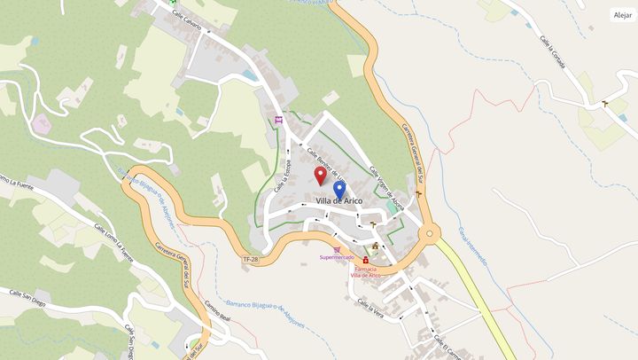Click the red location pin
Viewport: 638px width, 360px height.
[321, 174]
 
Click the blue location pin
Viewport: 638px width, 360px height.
[339, 190]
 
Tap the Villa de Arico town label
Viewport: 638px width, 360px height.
[339, 201]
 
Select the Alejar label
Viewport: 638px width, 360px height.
[622, 15]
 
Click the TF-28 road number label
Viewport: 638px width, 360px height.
[251, 259]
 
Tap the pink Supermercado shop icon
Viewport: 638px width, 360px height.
[336, 249]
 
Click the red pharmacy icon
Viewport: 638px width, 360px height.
[365, 259]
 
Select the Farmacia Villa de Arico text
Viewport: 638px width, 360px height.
[366, 271]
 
